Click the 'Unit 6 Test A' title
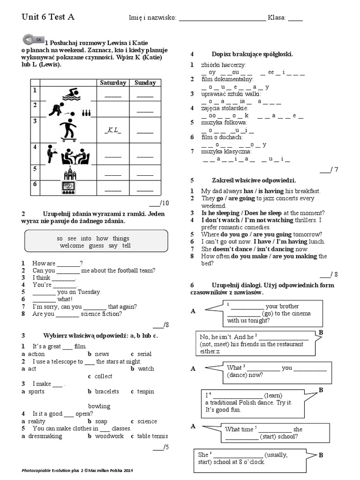(48, 17)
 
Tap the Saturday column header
(113, 83)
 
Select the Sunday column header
(145, 83)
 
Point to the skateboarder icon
(69, 130)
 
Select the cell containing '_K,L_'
(113, 130)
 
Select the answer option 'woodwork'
(109, 436)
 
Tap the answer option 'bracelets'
(107, 391)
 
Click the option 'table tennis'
(152, 436)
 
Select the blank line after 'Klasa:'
(295, 19)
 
